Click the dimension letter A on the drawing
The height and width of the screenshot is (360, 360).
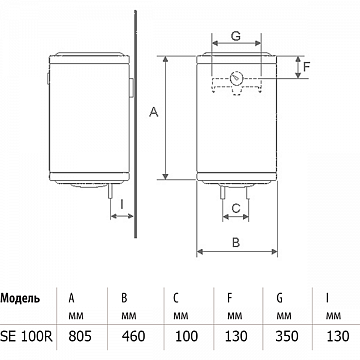coord(154,112)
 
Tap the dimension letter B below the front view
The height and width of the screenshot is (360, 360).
coord(236,242)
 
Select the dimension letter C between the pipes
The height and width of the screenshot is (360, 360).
coord(236,208)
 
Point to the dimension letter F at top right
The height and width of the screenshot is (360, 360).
coord(306,67)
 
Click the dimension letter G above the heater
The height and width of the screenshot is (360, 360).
coord(236,36)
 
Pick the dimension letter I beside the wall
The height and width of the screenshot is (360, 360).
coord(122,204)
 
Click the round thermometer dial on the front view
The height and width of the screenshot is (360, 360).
coord(236,79)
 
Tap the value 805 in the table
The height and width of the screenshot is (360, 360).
coord(80,336)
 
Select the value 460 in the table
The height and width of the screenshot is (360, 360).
coord(134,336)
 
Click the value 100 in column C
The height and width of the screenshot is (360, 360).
coord(186,336)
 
